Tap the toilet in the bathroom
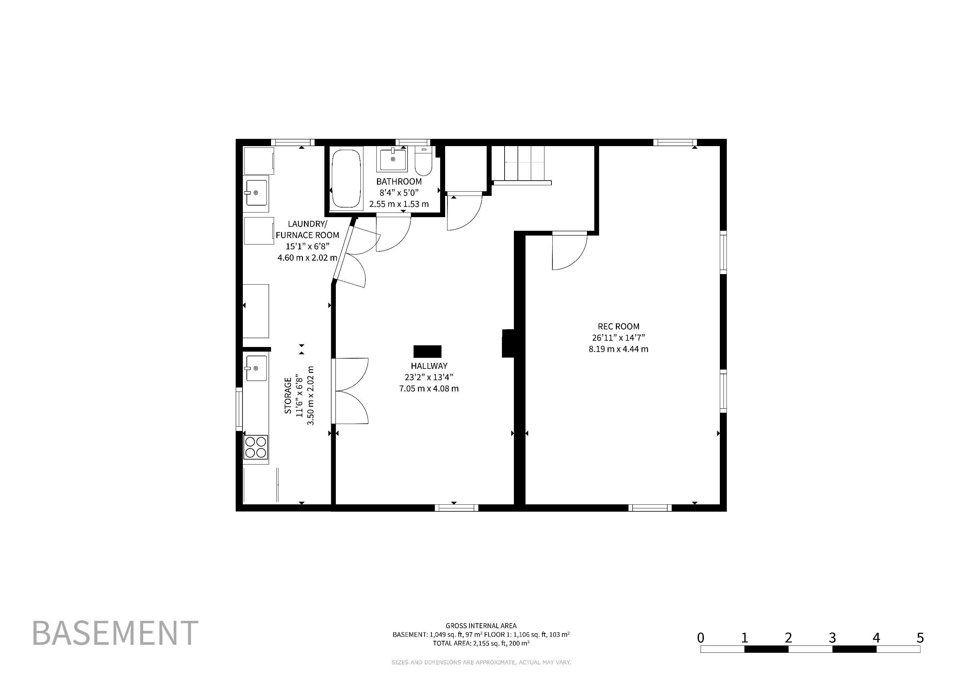click(x=424, y=162)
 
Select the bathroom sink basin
click(x=393, y=159)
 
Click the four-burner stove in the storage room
click(x=255, y=447)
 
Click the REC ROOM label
click(x=619, y=326)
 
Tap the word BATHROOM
click(x=399, y=181)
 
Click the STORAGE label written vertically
click(x=288, y=396)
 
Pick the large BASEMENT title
click(x=115, y=633)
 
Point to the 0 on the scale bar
click(x=701, y=638)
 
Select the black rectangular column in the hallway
click(x=428, y=351)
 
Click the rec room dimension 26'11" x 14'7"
click(x=619, y=337)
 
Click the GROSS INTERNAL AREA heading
click(x=481, y=626)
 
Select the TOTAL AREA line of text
click(x=481, y=643)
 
